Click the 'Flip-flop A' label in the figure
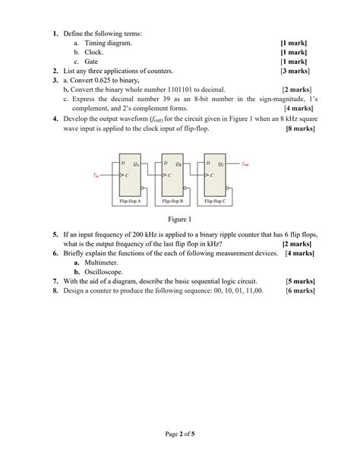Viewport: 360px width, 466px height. [130, 201]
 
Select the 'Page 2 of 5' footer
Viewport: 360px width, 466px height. [180, 435]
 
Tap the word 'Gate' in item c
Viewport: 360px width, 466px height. [91, 62]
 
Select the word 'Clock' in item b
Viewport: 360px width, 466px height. [93, 52]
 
